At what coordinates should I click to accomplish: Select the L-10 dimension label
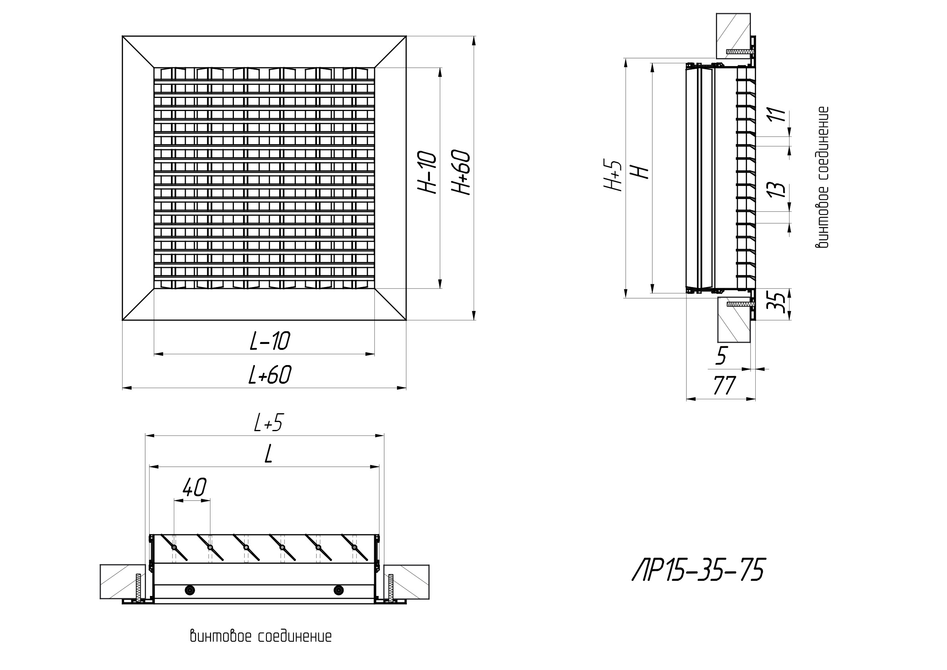[x=270, y=341]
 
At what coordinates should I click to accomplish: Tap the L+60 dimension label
[x=270, y=375]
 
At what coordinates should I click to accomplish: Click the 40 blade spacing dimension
[x=194, y=488]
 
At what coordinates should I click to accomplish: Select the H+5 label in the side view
[x=613, y=176]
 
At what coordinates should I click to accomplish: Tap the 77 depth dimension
[x=724, y=386]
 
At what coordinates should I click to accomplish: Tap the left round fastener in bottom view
[x=190, y=590]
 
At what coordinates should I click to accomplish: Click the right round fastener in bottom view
[x=338, y=590]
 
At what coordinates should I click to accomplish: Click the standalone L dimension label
[x=268, y=455]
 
